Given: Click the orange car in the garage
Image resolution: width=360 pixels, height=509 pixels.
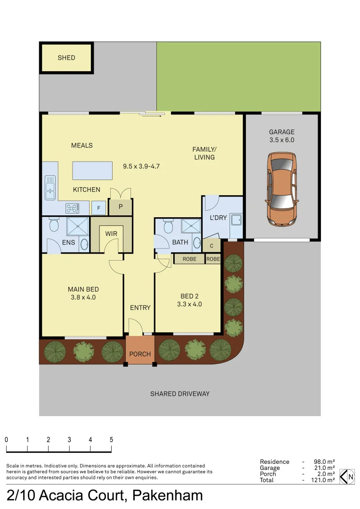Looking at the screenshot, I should coord(282,189).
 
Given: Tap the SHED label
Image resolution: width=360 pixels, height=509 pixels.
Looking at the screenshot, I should coord(66,57).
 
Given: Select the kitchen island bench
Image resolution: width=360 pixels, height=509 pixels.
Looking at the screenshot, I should coord(93,170).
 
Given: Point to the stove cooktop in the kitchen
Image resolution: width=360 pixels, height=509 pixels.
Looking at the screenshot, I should coord(72,207).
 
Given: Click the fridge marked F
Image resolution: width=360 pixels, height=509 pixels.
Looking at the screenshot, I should coord(99,207).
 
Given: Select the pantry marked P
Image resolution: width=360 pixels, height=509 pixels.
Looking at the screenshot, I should coord(120,206).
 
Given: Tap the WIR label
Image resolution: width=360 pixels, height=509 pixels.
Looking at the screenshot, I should coord(111,234).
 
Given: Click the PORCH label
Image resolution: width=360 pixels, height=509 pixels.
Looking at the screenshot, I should coord(140,354).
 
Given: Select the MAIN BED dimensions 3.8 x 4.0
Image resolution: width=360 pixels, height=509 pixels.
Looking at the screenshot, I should coord(83,297).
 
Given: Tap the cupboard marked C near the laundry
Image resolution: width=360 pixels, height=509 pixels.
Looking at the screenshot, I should coord(212,246).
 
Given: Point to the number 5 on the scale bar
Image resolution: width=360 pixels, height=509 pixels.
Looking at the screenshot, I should coord(111,439).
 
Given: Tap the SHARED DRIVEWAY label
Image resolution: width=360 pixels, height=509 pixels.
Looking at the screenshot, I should coord(180,394).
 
